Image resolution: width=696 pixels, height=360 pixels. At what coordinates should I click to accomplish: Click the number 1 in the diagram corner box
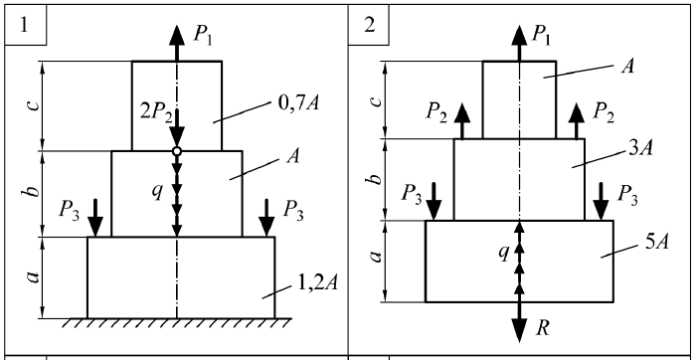tap(24, 25)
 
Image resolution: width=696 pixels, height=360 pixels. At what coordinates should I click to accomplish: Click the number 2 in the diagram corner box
tap(369, 25)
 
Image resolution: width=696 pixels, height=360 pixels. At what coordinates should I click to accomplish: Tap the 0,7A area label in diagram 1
tap(298, 103)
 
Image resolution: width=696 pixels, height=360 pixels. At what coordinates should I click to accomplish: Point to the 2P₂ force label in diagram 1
tap(156, 111)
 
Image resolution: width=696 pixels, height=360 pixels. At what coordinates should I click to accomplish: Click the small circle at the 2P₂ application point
tap(177, 151)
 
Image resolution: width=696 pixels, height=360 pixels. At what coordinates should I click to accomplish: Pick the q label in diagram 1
tap(157, 192)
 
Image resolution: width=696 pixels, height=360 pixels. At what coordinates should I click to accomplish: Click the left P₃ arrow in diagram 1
tap(95, 218)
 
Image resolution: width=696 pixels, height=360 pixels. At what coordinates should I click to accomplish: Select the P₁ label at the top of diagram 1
tap(203, 35)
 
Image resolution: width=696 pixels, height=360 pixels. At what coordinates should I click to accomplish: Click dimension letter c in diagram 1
tap(34, 105)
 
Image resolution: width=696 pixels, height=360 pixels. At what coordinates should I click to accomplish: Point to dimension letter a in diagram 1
tap(34, 277)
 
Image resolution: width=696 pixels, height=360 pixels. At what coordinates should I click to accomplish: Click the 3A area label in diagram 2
tap(641, 149)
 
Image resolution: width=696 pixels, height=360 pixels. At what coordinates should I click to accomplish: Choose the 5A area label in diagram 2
tap(656, 242)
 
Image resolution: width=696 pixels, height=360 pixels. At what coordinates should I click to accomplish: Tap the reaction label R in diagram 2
tap(543, 328)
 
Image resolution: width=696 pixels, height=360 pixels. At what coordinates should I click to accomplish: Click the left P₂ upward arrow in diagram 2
tap(462, 121)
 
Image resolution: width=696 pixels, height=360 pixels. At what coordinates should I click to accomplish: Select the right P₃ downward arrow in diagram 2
tap(601, 201)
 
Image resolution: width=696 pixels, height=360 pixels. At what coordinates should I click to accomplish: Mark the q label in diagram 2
tap(503, 252)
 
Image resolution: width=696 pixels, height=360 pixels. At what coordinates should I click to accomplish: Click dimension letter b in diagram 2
tap(377, 179)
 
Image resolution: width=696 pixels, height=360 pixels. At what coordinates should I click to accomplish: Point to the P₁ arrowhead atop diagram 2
tap(519, 35)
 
